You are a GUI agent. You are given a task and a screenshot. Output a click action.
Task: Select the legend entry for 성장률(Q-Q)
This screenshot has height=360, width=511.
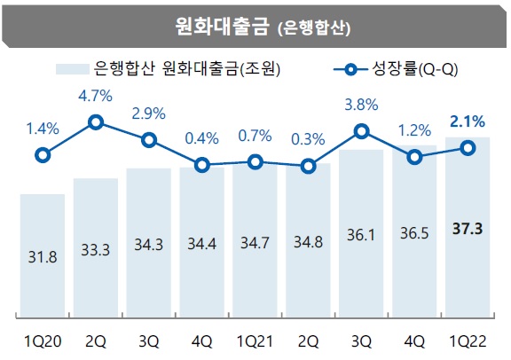[x=404, y=68]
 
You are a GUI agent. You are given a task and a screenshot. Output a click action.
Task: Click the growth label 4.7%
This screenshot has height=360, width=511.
[x=96, y=92]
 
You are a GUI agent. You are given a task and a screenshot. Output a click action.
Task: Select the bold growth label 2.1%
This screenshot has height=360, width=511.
[x=468, y=120]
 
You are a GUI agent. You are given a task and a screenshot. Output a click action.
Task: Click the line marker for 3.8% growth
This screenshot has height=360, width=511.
[x=361, y=131]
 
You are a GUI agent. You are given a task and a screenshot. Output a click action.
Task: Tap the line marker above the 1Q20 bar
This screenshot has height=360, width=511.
[x=42, y=156]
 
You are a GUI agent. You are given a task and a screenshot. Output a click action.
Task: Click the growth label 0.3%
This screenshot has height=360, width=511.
[x=308, y=138]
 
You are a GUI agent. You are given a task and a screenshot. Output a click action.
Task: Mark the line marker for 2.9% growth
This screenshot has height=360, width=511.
[x=149, y=139]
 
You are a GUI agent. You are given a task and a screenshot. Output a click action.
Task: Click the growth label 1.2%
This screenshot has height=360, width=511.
[x=414, y=129]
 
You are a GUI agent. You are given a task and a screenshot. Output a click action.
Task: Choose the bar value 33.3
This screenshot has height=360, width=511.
[x=95, y=250]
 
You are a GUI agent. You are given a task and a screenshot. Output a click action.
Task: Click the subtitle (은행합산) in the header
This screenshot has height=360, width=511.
[x=313, y=27]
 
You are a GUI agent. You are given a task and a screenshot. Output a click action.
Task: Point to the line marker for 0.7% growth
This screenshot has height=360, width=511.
[x=255, y=161]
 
